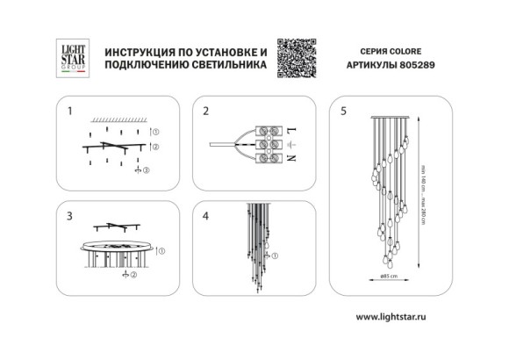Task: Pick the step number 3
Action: [x=70, y=213]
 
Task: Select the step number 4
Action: [x=206, y=213]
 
